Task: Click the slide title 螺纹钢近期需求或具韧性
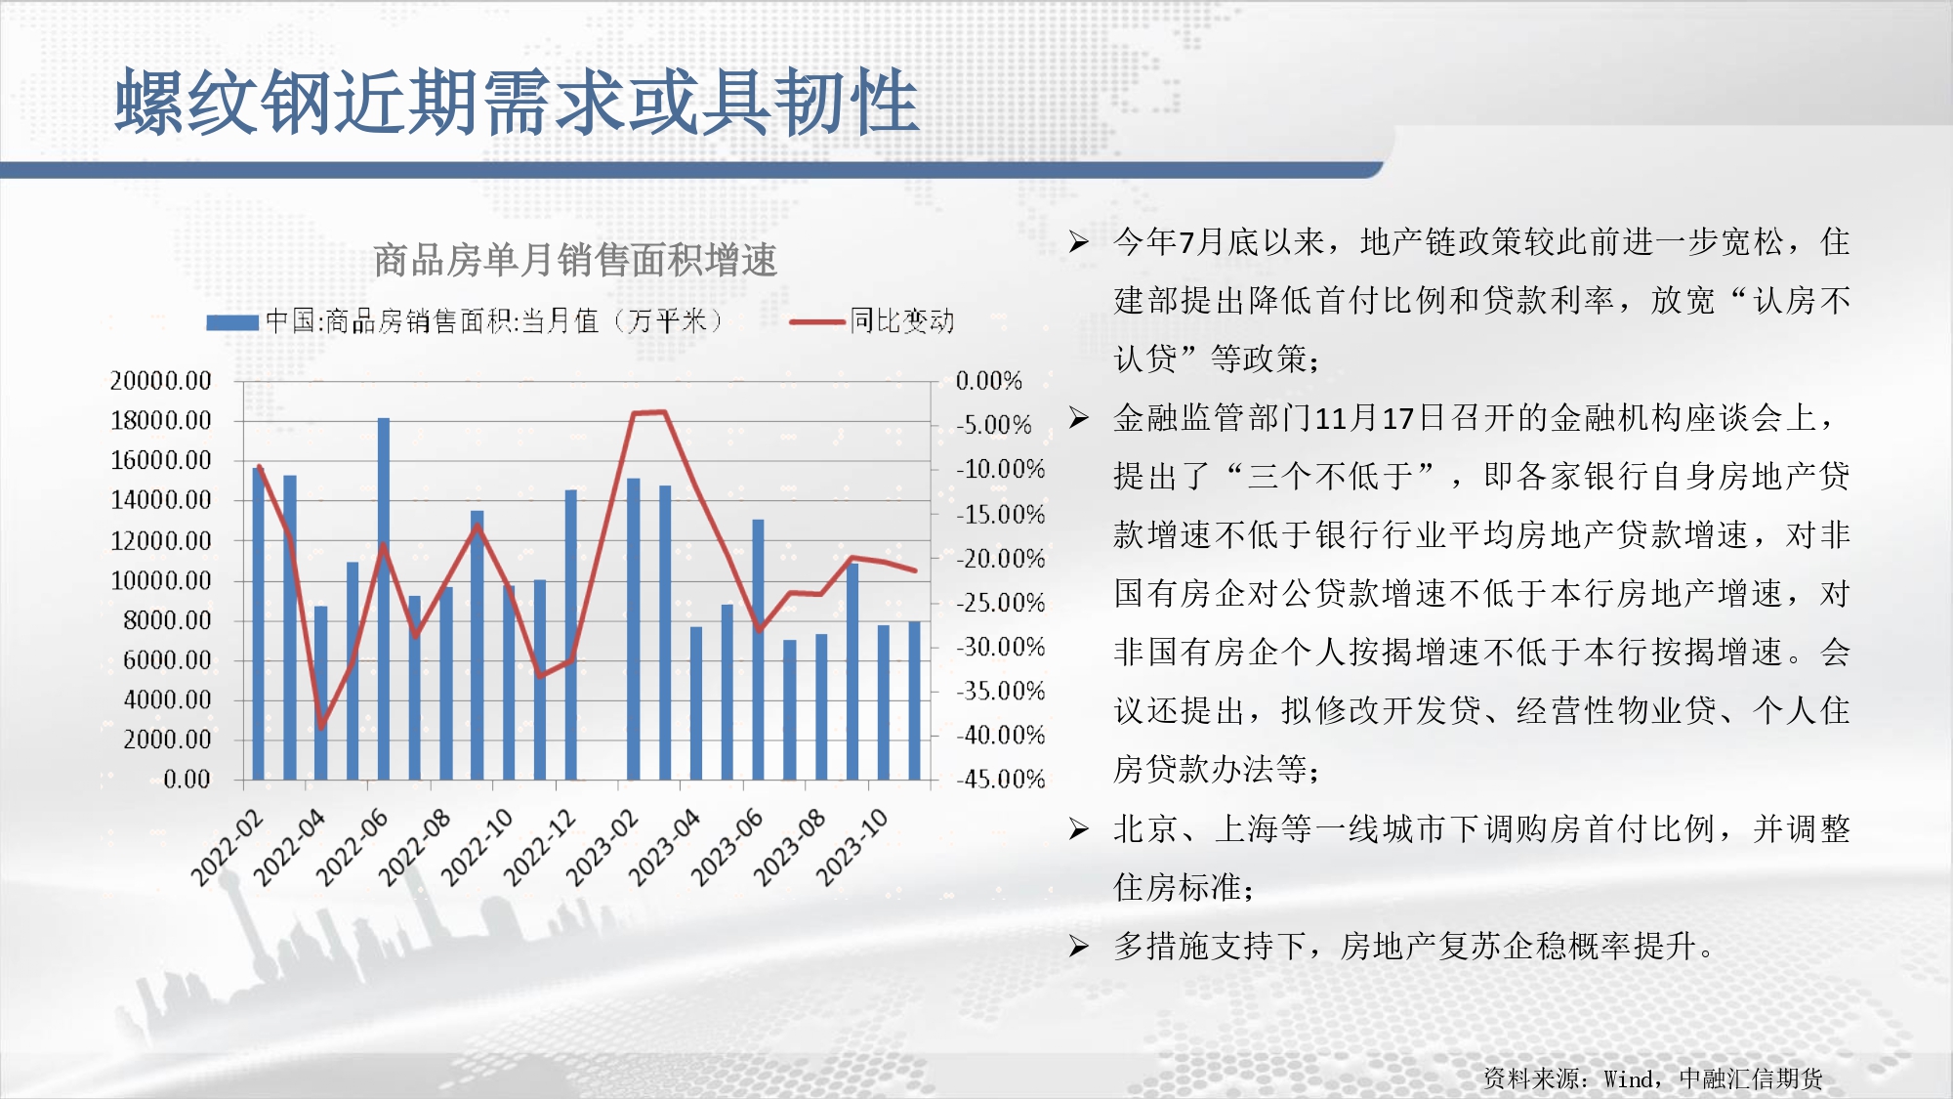click(518, 102)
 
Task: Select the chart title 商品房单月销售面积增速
click(575, 260)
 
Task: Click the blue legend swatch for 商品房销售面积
click(232, 322)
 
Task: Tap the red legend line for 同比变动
click(816, 321)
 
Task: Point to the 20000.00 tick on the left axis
click(160, 380)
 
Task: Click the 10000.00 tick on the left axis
click(160, 580)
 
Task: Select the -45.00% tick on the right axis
click(1000, 779)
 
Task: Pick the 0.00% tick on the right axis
click(988, 380)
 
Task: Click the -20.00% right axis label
click(1000, 558)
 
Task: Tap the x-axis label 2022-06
click(352, 846)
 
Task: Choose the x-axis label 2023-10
click(852, 846)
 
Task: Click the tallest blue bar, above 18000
click(384, 599)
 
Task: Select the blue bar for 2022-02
click(259, 623)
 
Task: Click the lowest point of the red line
click(321, 727)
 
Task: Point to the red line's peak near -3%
click(664, 412)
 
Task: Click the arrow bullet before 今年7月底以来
click(1078, 241)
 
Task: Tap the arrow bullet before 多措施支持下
click(1078, 946)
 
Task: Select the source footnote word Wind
click(1628, 1078)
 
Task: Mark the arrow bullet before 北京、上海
click(1078, 828)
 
